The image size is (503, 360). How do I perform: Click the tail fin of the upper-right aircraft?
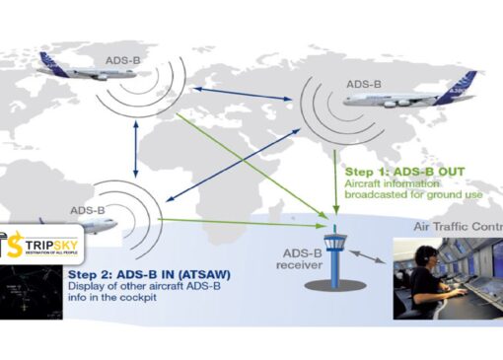pyautogui.click(x=467, y=82)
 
